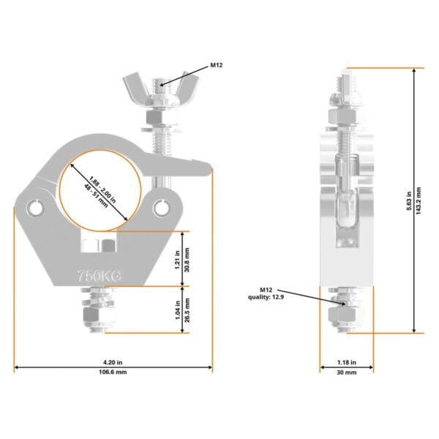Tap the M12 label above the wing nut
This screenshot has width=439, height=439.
(217, 66)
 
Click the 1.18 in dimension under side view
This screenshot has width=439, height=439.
(346, 361)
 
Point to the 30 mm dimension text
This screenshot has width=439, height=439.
(346, 372)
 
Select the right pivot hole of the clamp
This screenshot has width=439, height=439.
(160, 211)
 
